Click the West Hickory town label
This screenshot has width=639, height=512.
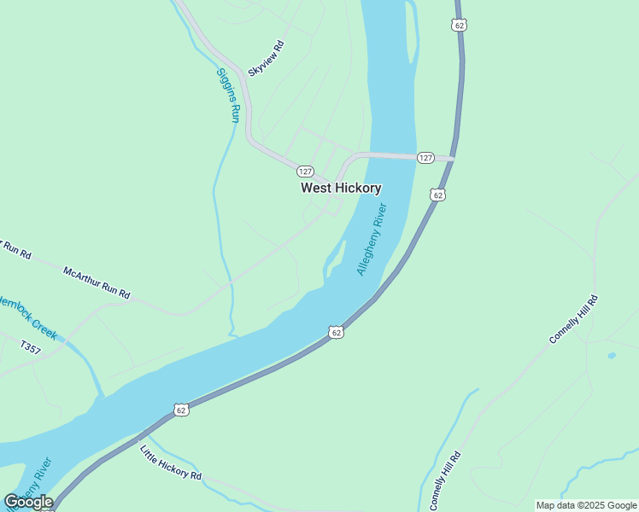[x=341, y=188]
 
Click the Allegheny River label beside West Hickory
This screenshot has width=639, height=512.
[x=372, y=239]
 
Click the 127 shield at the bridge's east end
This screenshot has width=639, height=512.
[x=426, y=158]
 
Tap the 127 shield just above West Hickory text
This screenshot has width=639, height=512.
[x=305, y=171]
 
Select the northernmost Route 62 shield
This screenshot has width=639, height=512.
[x=460, y=26]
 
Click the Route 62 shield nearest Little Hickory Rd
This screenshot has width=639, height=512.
[x=181, y=410]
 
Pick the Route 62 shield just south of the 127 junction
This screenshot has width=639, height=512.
[x=438, y=195]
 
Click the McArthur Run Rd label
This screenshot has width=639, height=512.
[x=97, y=282]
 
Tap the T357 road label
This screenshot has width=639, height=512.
[x=30, y=347]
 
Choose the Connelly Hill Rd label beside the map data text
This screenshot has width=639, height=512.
[x=446, y=482]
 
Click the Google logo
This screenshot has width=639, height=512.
[x=28, y=502]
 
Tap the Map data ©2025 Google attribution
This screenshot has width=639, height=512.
[x=586, y=505]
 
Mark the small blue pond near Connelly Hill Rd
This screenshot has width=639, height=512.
[x=612, y=355]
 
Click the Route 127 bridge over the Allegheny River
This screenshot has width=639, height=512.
[x=393, y=155]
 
